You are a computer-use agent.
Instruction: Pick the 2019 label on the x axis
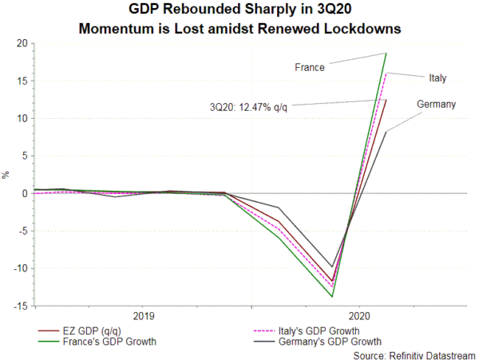click(x=144, y=316)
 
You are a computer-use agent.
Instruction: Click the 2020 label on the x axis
click(x=358, y=316)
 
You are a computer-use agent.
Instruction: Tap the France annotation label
click(x=310, y=68)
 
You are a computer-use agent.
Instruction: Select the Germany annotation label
click(x=436, y=105)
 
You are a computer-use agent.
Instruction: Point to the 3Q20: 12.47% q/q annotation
click(x=247, y=107)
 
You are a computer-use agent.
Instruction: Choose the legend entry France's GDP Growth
click(x=108, y=342)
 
